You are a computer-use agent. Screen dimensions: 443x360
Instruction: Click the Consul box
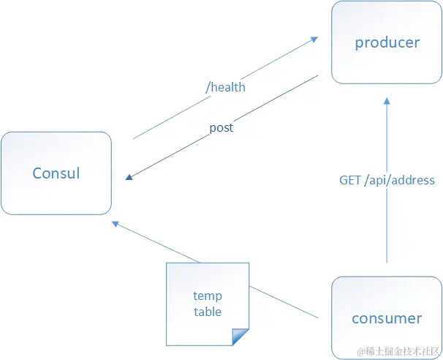[56, 173]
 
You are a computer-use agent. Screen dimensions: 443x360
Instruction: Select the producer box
[387, 42]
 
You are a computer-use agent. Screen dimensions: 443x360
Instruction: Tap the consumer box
[387, 318]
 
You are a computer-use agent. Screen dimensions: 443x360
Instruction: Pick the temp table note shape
[208, 304]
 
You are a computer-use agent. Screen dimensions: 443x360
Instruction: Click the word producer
[387, 43]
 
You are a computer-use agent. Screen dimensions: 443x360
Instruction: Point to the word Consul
[56, 173]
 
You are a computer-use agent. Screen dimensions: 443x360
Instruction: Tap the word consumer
[387, 319]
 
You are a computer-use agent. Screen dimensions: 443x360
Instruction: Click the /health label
[225, 87]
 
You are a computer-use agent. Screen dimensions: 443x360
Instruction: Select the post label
[221, 128]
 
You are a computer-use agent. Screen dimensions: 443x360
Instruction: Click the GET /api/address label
[387, 180]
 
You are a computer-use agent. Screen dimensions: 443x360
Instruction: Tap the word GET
[349, 180]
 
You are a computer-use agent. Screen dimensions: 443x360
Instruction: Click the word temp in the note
[208, 296]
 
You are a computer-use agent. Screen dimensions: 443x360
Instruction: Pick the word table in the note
[208, 312]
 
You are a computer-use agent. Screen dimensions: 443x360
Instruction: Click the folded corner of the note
[241, 337]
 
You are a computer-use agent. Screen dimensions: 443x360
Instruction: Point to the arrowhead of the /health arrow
[314, 39]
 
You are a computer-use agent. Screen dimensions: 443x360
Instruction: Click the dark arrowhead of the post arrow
[129, 177]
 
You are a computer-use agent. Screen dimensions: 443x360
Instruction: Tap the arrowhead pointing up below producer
[387, 101]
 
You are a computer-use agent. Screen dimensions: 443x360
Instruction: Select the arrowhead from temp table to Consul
[116, 224]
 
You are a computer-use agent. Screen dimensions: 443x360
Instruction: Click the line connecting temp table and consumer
[284, 302]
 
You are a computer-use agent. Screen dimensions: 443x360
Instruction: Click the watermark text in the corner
[398, 351]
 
